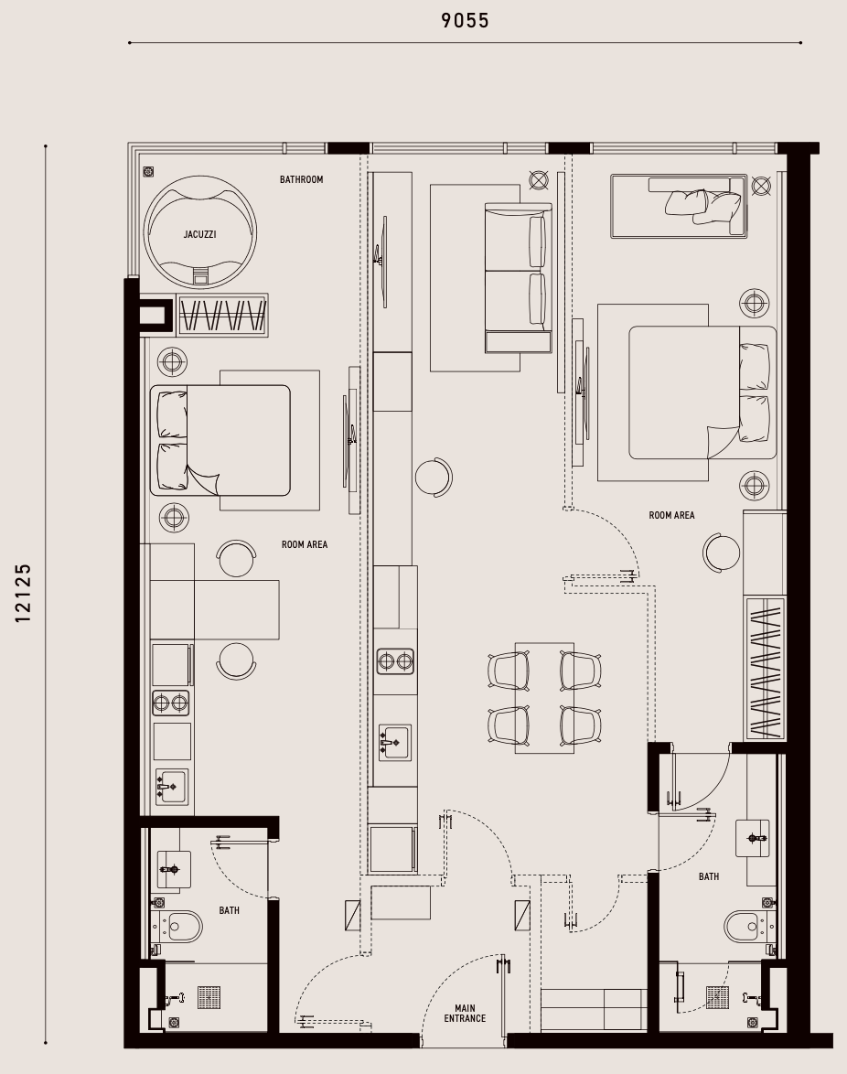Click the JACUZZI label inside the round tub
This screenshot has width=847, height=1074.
[x=200, y=234]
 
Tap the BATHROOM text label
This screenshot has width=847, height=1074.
[x=301, y=179]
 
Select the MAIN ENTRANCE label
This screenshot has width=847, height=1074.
[x=465, y=1013]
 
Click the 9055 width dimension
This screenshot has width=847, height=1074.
[x=466, y=20]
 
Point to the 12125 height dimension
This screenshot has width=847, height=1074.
[x=23, y=593]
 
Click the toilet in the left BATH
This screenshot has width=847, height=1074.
[x=179, y=928]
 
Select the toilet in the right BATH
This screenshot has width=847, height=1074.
[x=747, y=926]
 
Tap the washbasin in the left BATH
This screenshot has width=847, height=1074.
[x=174, y=869]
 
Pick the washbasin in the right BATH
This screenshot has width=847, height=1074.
[x=753, y=838]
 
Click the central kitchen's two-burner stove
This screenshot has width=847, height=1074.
[x=396, y=661]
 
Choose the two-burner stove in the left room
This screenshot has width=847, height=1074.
[x=170, y=703]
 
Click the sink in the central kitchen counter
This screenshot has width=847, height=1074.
[x=395, y=743]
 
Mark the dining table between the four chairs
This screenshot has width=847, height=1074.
[x=544, y=698]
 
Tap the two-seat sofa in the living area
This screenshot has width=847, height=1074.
[x=518, y=277]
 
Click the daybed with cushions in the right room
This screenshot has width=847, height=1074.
[x=679, y=206]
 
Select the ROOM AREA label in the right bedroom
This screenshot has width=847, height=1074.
[x=671, y=515]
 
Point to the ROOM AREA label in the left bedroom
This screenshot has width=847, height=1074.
[x=305, y=544]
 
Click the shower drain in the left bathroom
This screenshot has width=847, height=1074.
[x=209, y=997]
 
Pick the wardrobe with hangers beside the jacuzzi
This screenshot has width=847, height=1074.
[x=222, y=315]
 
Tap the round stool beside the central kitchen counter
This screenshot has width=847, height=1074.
[x=434, y=478]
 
